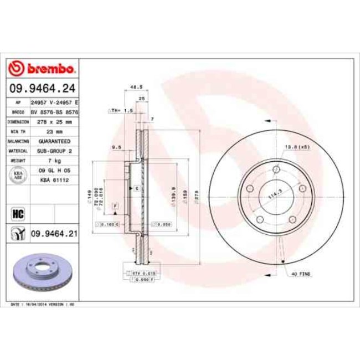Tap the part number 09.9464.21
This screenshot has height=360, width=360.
53,234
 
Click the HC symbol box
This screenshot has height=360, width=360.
17,213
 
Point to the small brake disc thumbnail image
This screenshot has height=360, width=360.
42,272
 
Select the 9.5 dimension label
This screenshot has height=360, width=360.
116,147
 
